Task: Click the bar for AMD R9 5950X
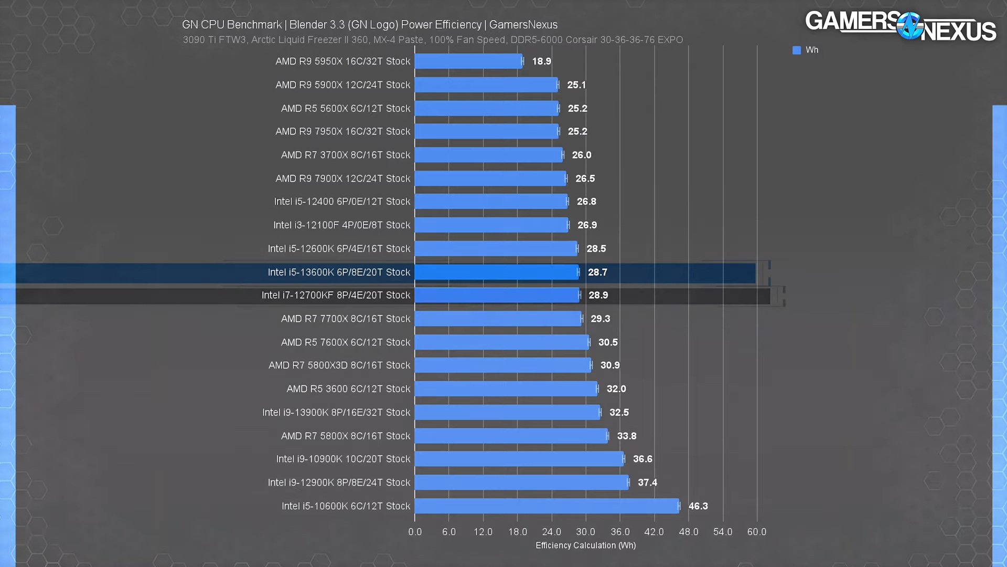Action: click(x=468, y=61)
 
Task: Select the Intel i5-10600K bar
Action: click(x=547, y=506)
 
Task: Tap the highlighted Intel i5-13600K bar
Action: click(x=496, y=272)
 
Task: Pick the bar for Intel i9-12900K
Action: click(x=521, y=482)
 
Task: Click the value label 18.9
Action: click(x=541, y=61)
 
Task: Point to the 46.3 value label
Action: click(x=698, y=506)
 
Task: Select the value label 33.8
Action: click(x=626, y=436)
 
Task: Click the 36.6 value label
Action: click(x=642, y=459)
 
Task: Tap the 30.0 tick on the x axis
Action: click(x=585, y=532)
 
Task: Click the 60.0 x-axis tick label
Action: click(x=756, y=532)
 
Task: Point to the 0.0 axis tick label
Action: click(x=415, y=532)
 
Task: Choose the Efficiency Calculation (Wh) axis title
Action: click(x=585, y=545)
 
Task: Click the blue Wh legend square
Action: click(x=796, y=50)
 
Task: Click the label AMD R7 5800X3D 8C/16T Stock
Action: click(x=339, y=365)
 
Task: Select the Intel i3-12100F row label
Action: click(x=341, y=225)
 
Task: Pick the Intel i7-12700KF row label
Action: click(x=336, y=296)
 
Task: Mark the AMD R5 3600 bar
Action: click(x=506, y=389)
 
